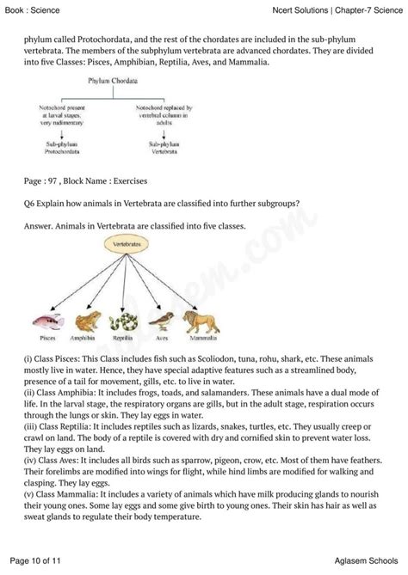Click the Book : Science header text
pyautogui.click(x=29, y=9)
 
